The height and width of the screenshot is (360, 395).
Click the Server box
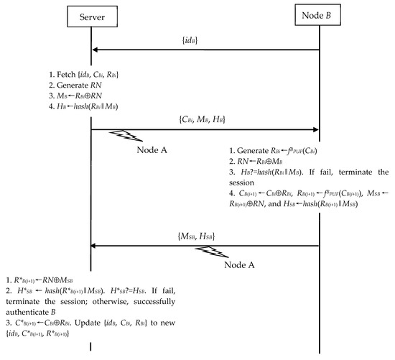(x=92, y=15)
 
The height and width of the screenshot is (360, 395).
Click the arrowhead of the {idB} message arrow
(x=96, y=50)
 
